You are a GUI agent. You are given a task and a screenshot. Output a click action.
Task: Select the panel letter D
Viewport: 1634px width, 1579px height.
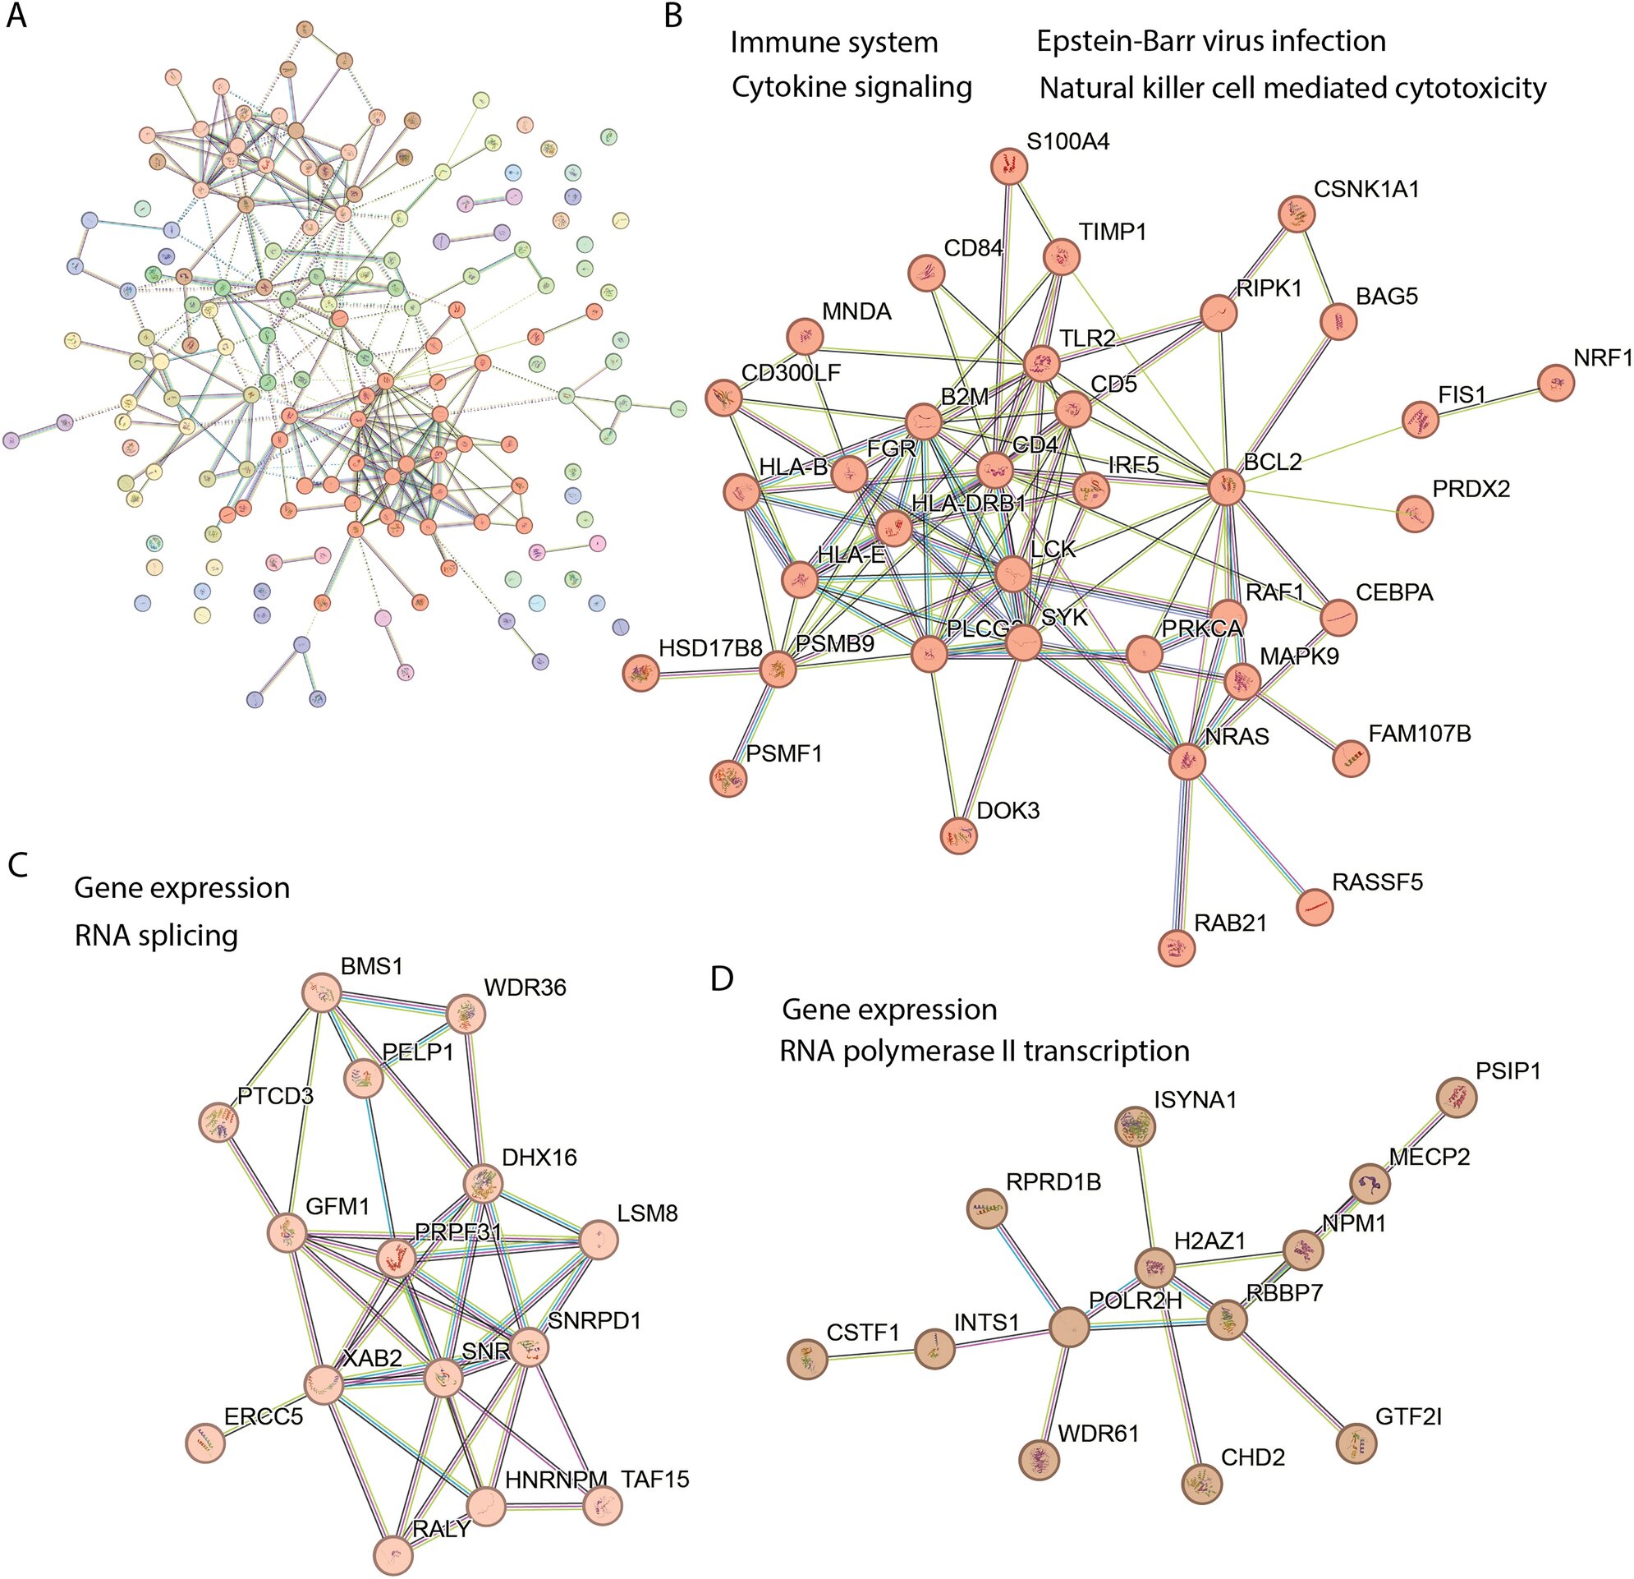click(722, 978)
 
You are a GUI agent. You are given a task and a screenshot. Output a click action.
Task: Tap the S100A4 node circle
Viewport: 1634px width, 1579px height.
click(1010, 166)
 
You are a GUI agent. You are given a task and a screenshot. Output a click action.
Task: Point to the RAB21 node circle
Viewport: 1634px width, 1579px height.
click(1177, 947)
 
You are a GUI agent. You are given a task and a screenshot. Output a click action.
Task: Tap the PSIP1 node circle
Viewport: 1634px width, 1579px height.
click(1457, 1097)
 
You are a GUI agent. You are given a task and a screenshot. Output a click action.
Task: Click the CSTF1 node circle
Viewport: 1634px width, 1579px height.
click(806, 1358)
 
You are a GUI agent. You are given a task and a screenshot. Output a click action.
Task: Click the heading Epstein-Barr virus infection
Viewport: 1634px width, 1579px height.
click(1210, 41)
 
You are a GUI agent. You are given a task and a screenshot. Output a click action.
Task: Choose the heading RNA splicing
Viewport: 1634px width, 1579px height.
click(156, 935)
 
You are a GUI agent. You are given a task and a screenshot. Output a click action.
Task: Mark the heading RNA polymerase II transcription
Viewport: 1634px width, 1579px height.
click(984, 1051)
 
